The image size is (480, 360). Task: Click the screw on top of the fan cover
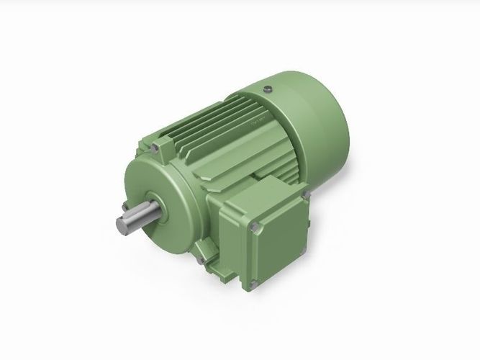pos(268,89)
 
